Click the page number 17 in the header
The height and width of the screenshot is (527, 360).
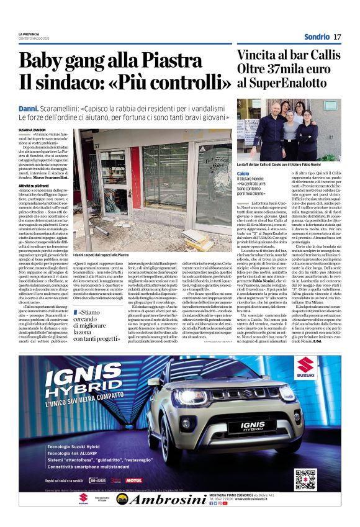pyautogui.click(x=337, y=37)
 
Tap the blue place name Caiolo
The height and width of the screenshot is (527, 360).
pyautogui.click(x=243, y=173)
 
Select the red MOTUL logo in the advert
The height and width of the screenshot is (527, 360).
pyautogui.click(x=133, y=480)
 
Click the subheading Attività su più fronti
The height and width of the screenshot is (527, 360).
pyautogui.click(x=35, y=186)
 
